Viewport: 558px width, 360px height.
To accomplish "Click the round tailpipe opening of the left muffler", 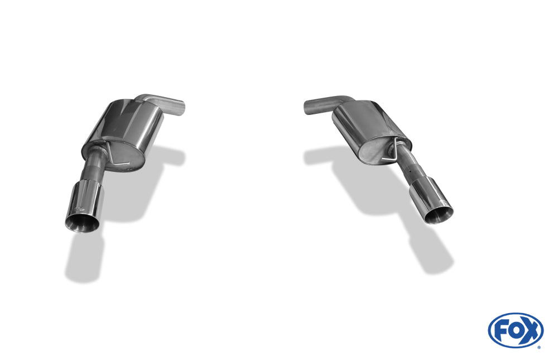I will pyautogui.click(x=82, y=222).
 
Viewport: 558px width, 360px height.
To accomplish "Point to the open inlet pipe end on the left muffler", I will pyautogui.click(x=180, y=107).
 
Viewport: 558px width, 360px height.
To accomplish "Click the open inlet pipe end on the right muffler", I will pyautogui.click(x=309, y=107).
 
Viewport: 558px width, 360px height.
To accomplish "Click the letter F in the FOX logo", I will pyautogui.click(x=501, y=329).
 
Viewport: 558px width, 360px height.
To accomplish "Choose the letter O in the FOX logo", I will pyautogui.click(x=514, y=329).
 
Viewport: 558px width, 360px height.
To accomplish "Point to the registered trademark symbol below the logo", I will pyautogui.click(x=538, y=347).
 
